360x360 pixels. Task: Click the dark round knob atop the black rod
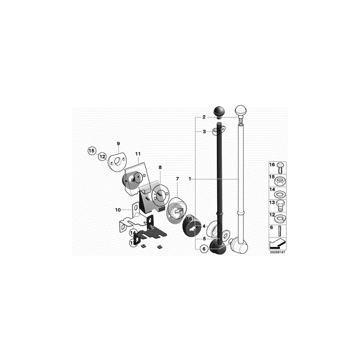219,111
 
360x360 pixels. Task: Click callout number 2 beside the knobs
204,117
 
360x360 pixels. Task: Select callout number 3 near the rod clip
204,132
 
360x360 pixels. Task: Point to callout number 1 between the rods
190,179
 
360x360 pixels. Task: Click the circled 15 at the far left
92,151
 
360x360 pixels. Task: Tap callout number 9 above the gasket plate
118,144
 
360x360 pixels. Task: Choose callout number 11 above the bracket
138,154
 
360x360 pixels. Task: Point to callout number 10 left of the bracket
118,210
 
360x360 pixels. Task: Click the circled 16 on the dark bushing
189,219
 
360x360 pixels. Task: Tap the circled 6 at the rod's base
203,249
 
